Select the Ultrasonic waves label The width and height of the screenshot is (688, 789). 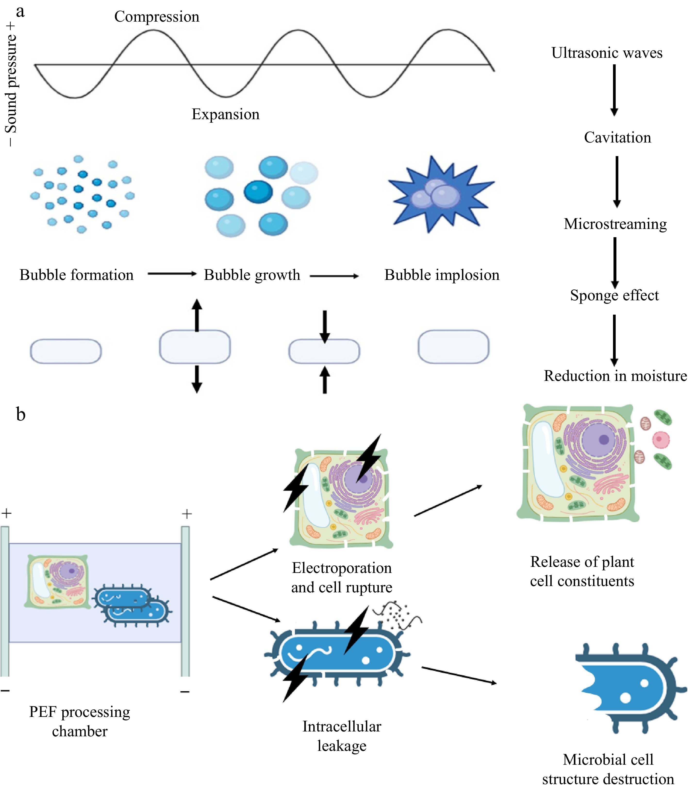607,53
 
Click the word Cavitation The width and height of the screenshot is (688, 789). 617,137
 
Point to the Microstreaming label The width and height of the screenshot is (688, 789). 615,224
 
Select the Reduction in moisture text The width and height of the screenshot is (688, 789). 615,376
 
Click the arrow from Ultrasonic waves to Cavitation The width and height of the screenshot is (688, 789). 614,90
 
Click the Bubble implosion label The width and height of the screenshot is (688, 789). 442,275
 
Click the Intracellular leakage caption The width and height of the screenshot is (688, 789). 342,736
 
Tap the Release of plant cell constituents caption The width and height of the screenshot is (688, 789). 582,571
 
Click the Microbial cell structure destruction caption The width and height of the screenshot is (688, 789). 608,769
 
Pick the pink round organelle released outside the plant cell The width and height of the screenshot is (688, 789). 661,440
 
